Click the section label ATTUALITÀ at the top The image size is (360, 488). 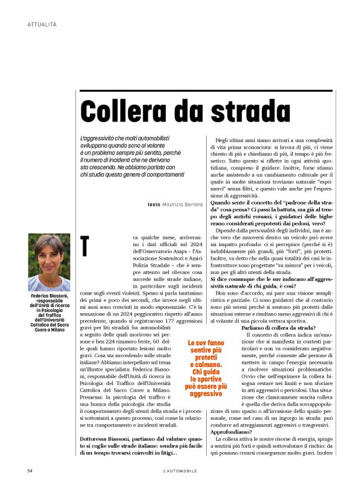[42, 24]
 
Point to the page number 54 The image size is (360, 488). [30, 471]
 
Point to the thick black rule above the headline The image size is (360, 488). [208, 91]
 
